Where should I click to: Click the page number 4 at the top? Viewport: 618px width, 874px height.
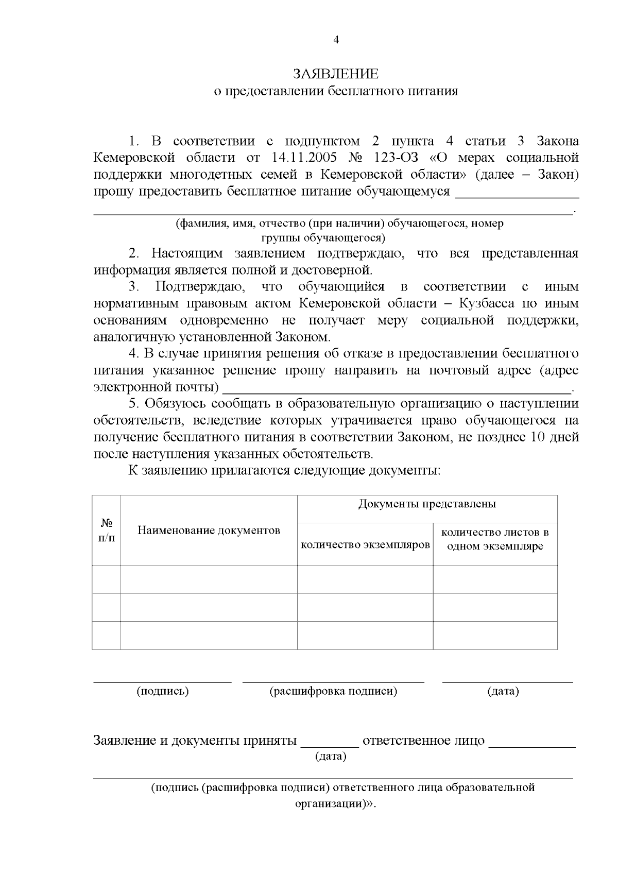pos(336,40)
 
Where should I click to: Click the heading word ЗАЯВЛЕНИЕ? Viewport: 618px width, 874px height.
pos(336,74)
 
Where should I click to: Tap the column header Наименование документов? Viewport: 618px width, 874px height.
pos(209,530)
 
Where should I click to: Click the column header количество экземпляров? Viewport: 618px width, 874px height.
pos(365,544)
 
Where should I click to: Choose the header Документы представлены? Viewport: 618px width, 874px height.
pos(427,504)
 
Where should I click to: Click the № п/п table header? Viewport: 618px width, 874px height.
pos(107,530)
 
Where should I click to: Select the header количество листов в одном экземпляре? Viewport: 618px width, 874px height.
pos(495,539)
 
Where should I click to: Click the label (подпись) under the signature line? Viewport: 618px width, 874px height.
pos(163,691)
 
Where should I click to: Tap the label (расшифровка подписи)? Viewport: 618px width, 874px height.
pos(333,691)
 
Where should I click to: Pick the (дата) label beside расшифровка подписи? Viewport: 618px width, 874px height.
pos(503,691)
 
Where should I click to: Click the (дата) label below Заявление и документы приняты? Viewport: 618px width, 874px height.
pos(330,757)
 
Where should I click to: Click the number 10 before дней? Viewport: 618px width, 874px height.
pos(540,438)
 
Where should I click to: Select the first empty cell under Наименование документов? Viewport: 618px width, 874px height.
pos(209,579)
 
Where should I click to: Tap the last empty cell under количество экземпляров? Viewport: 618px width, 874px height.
pos(365,635)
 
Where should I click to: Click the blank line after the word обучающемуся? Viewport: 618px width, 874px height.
pos(518,196)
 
